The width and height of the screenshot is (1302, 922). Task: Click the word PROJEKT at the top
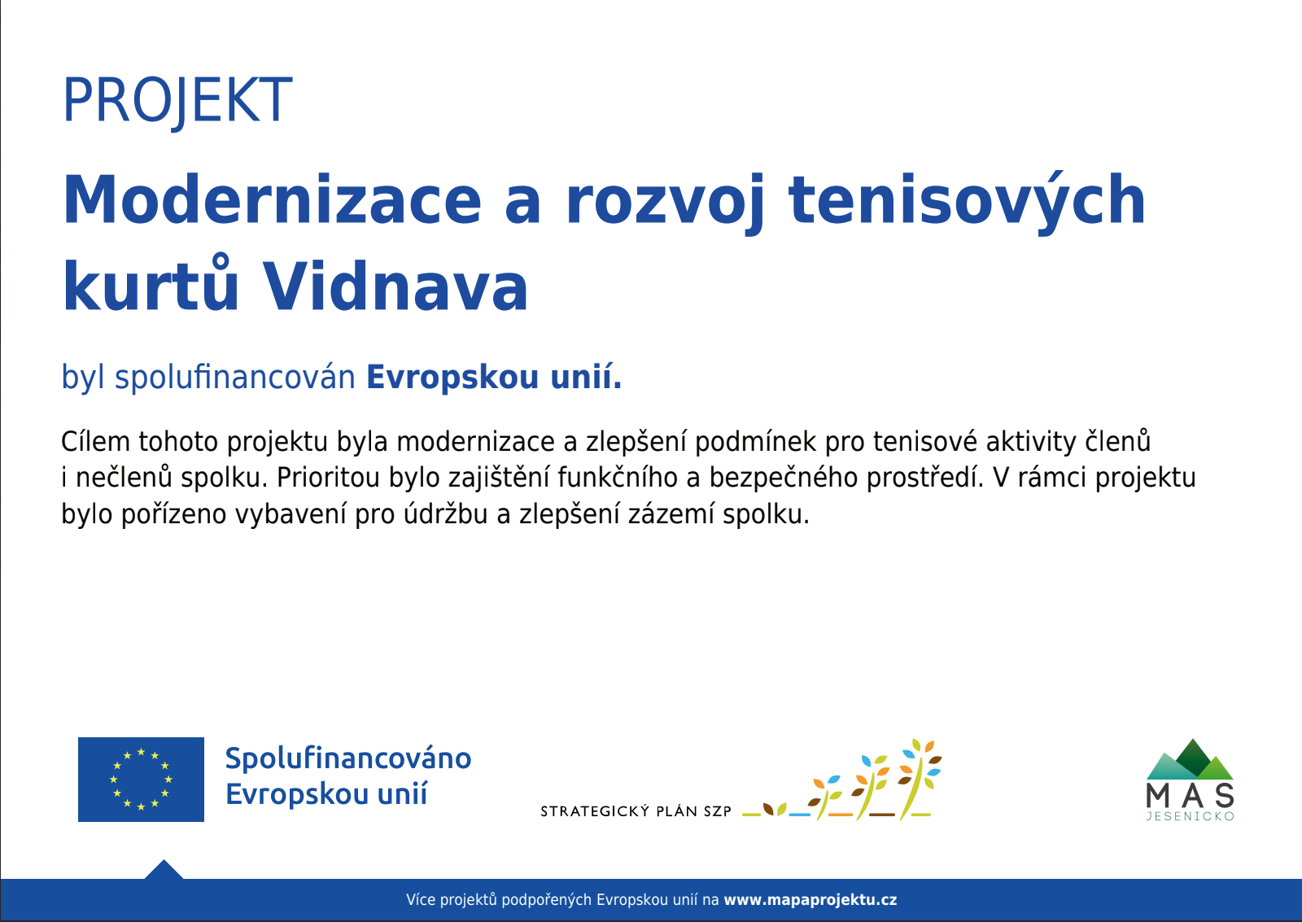(x=177, y=101)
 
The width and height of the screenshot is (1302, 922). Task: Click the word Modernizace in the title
(x=272, y=199)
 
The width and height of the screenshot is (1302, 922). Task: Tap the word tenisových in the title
(x=967, y=203)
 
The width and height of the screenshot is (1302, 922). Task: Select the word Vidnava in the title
(x=395, y=286)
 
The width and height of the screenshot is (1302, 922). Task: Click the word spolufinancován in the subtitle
(x=235, y=378)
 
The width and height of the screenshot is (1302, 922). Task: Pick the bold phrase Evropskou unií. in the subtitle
(x=494, y=378)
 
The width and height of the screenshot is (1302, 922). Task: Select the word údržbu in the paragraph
(x=446, y=513)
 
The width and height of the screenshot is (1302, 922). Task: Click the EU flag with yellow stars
(x=142, y=779)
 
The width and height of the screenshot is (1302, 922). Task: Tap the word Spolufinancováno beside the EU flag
(x=348, y=758)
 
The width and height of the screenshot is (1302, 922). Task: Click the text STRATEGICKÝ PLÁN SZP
(x=636, y=811)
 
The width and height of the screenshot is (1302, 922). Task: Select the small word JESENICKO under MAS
(x=1191, y=816)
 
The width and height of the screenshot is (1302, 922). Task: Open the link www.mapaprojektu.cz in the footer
(x=810, y=900)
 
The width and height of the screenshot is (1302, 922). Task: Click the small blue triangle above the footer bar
(x=164, y=870)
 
